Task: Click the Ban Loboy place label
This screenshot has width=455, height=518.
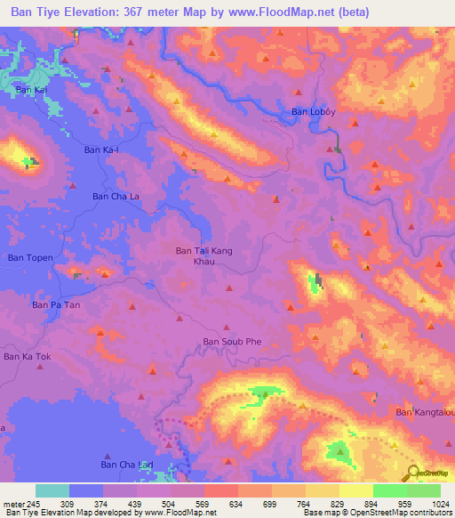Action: click(315, 112)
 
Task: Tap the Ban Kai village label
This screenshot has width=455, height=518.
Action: click(30, 90)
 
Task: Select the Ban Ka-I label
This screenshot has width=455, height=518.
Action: click(100, 150)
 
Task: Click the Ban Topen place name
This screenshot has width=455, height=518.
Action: click(31, 257)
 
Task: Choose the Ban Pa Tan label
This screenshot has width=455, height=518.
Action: click(56, 304)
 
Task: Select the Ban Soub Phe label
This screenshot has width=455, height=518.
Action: click(232, 341)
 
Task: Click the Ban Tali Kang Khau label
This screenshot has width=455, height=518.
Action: click(204, 256)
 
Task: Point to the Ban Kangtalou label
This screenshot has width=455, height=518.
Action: click(425, 412)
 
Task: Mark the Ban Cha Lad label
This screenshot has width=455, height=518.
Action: click(125, 465)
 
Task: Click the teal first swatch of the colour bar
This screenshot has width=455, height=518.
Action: click(52, 490)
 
